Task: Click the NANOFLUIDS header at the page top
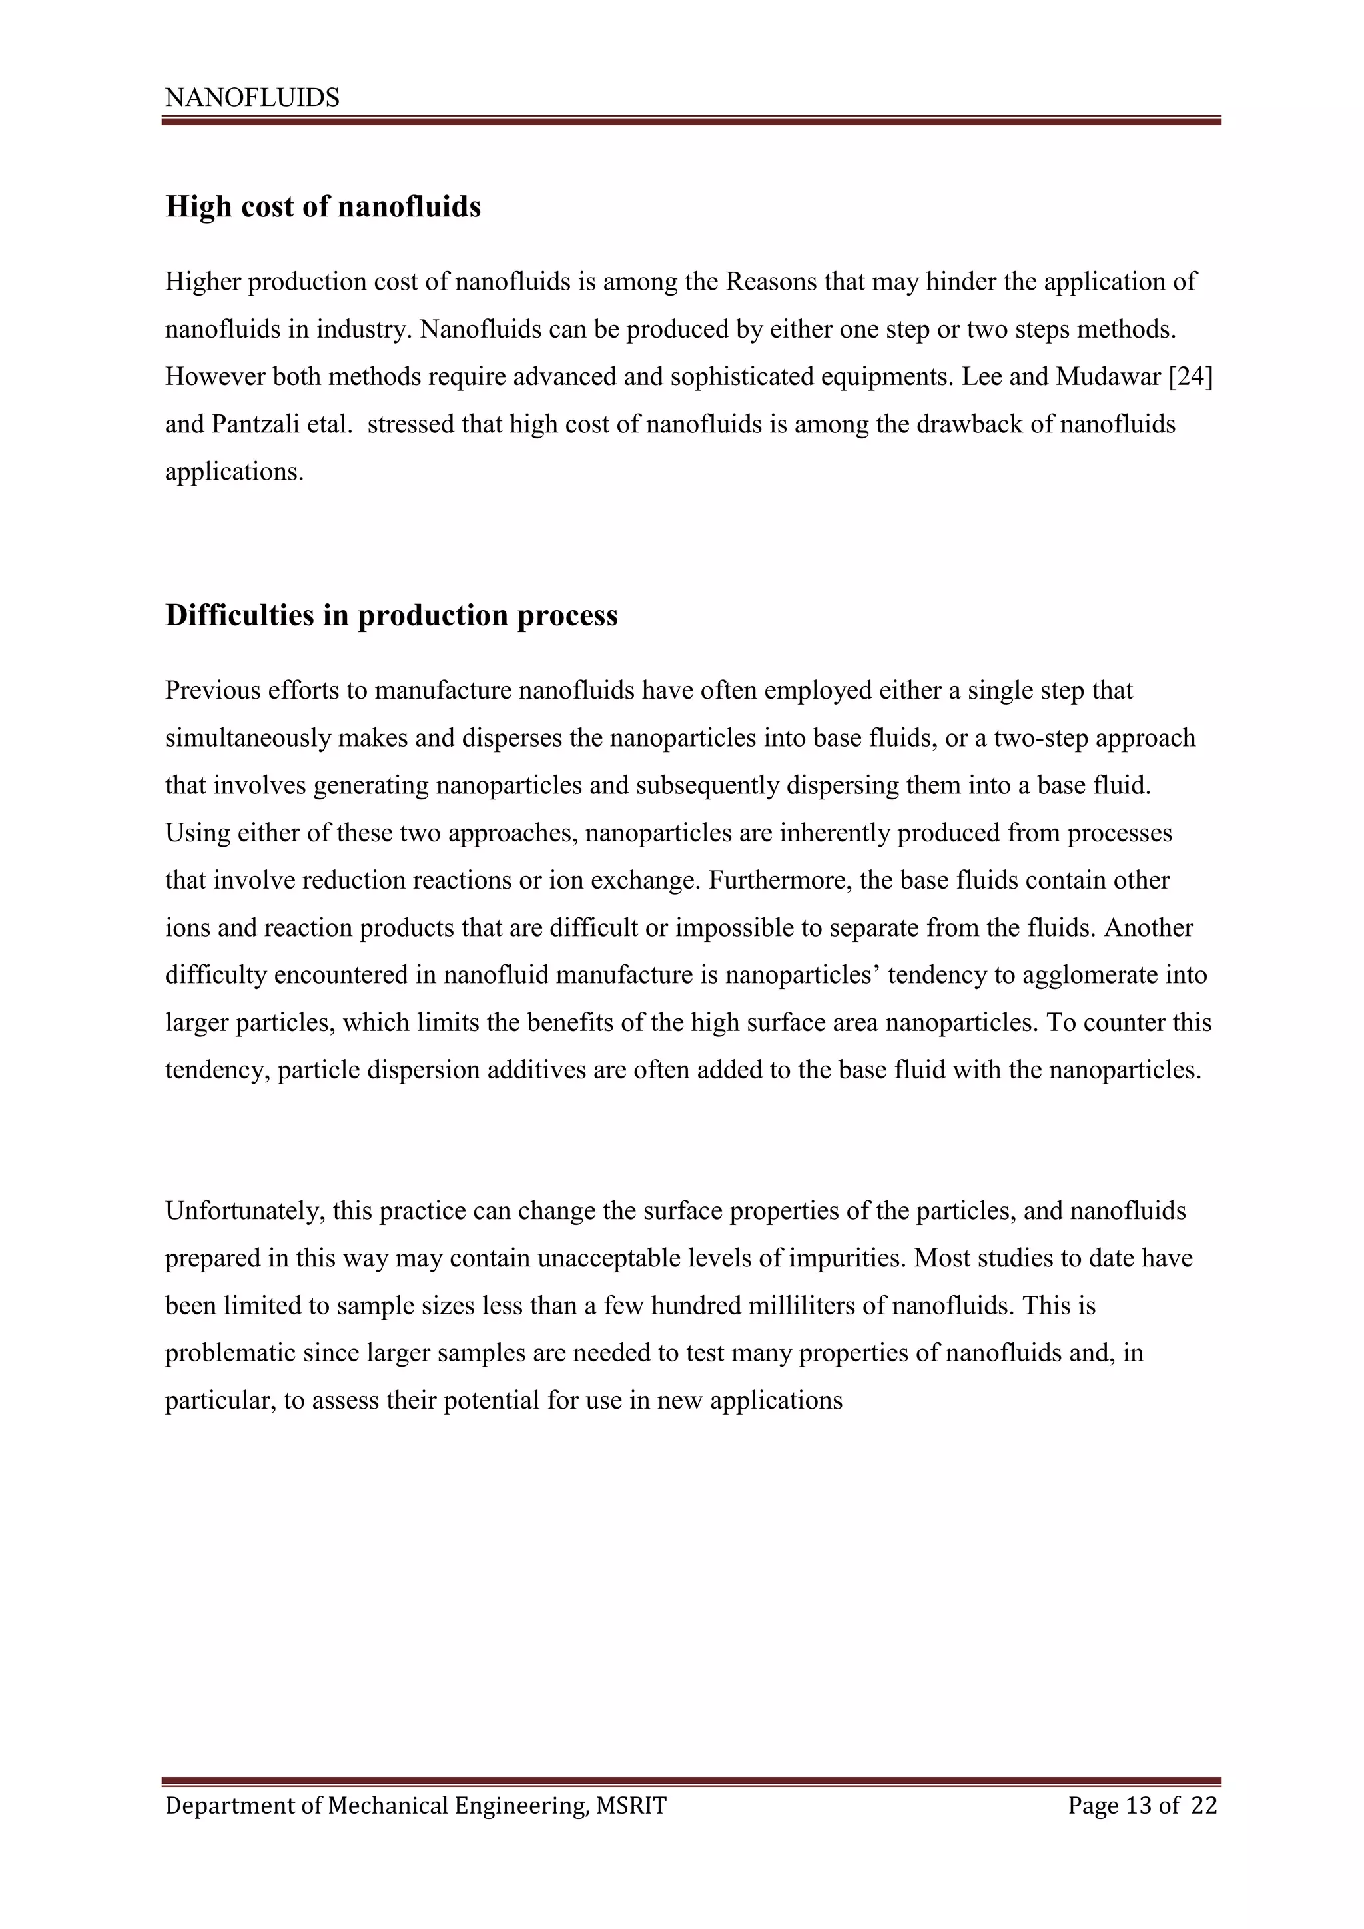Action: (x=252, y=99)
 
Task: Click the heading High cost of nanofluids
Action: (x=322, y=206)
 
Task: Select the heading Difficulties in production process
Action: (x=392, y=616)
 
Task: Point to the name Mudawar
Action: (x=1108, y=377)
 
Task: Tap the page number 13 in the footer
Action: (x=1138, y=1806)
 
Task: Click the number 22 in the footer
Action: (x=1203, y=1806)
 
